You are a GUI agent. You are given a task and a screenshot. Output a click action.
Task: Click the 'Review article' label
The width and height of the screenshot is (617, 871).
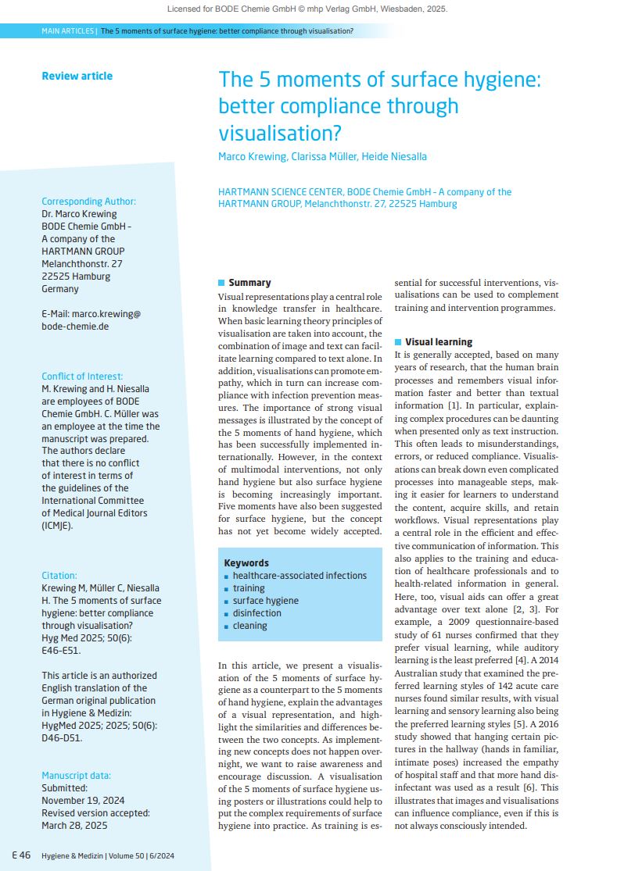point(77,76)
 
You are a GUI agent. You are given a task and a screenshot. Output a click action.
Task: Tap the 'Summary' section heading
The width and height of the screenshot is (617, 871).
point(249,283)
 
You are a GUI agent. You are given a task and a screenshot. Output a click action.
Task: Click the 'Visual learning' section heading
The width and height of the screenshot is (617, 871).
point(438,341)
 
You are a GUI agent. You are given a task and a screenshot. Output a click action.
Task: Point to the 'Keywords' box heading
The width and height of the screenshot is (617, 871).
point(246,562)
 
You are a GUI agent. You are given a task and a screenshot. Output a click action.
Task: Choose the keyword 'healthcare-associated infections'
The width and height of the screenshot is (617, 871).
point(300,576)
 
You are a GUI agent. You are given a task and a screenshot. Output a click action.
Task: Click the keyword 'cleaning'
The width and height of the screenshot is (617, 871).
point(249,626)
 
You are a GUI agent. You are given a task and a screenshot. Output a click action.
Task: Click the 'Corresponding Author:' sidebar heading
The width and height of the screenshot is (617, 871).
point(88,202)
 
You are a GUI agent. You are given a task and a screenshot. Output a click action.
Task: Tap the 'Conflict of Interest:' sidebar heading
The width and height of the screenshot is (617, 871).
point(82,377)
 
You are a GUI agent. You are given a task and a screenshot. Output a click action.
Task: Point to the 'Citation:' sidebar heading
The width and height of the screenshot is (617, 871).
point(59,575)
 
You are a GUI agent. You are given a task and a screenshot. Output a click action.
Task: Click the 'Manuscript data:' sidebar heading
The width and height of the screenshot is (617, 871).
point(76,776)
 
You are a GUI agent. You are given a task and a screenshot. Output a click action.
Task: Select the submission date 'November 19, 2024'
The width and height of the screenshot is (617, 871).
point(83,801)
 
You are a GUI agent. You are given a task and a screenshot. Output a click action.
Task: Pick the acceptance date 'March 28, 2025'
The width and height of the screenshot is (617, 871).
point(74,826)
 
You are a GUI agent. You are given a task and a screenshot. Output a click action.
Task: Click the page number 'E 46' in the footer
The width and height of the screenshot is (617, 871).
point(21,855)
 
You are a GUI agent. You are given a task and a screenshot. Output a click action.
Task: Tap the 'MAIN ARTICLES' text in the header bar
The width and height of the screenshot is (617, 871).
point(68,31)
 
